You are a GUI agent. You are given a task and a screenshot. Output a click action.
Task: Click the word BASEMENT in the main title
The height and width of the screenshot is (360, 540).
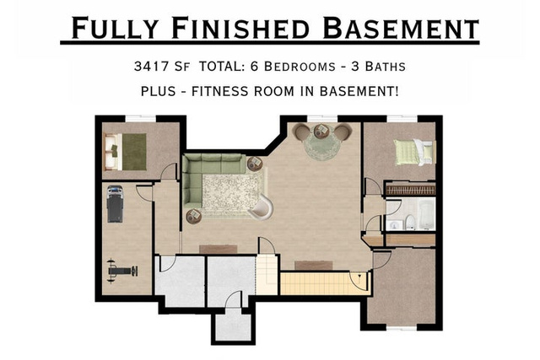pos(401,28)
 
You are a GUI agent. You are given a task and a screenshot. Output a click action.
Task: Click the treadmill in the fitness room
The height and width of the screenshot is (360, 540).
pos(115,204)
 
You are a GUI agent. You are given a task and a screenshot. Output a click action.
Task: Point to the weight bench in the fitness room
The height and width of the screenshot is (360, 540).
pos(122,271)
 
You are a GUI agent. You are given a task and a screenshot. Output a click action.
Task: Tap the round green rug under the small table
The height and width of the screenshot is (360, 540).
pos(321,144)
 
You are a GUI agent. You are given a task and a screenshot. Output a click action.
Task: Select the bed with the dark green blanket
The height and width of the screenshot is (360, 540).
pos(126,152)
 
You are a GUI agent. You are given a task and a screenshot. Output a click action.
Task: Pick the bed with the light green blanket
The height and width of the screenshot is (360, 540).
pos(413,152)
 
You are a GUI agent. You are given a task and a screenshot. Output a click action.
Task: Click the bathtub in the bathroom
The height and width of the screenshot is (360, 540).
pos(426,214)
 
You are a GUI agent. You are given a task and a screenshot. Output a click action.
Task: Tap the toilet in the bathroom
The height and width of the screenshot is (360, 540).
pos(409,223)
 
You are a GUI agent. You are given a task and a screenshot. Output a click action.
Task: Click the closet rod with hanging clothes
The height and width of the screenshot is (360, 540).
pos(410,190)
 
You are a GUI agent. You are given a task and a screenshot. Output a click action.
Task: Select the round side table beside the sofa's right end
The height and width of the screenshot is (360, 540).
pos(255,164)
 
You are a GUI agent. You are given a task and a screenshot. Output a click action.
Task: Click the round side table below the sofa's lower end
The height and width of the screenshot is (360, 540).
pos(193,216)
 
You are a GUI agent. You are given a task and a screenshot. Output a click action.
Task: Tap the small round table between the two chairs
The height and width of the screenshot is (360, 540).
pos(321,132)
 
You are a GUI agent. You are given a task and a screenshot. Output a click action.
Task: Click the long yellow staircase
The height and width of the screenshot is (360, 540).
pos(325,283)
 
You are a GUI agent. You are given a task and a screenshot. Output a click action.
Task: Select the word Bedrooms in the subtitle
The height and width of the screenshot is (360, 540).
pos(300,66)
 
